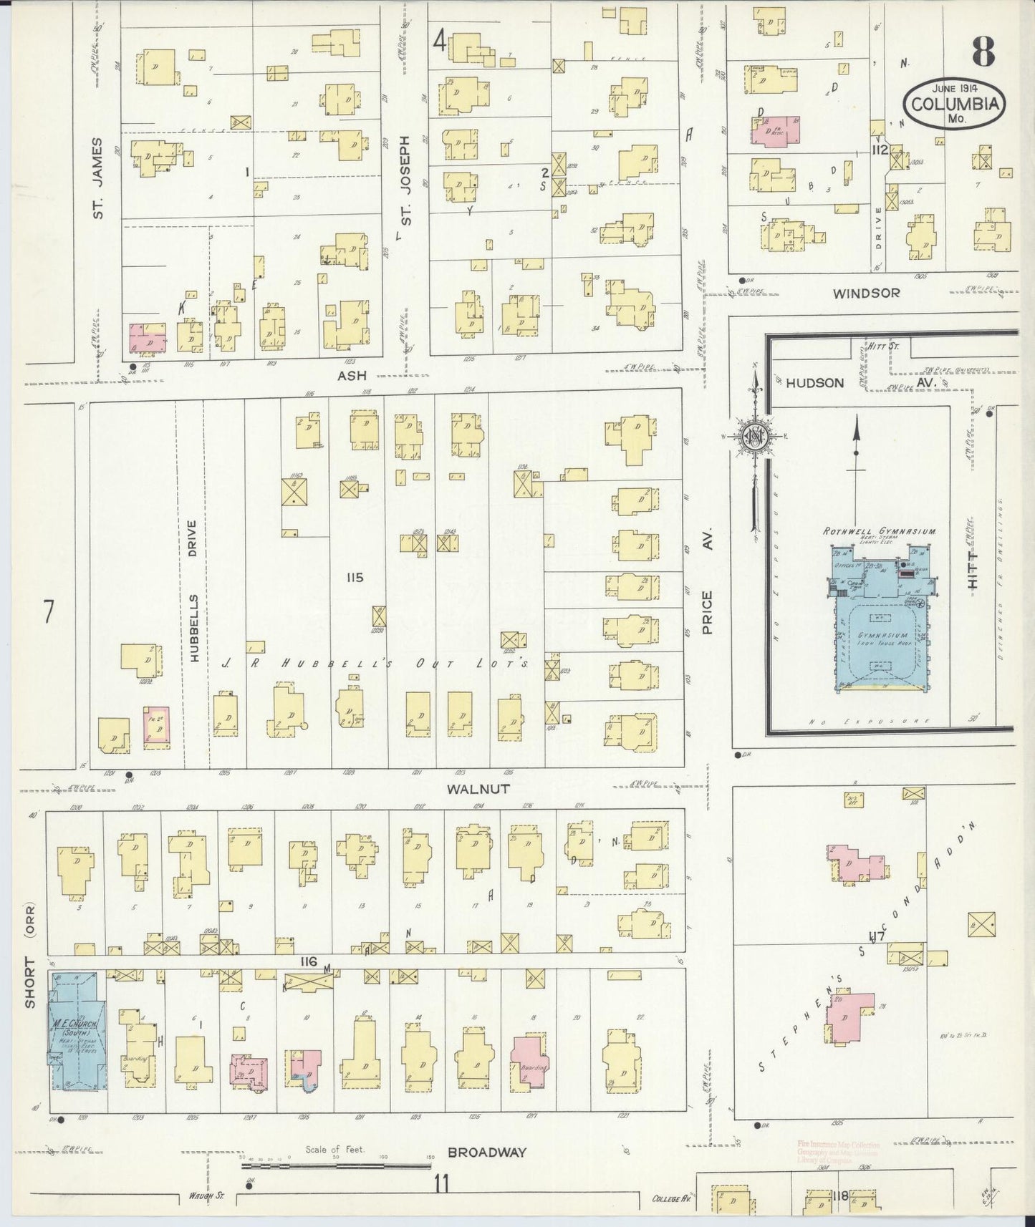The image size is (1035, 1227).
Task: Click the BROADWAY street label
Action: (486, 1153)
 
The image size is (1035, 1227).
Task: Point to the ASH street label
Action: (351, 374)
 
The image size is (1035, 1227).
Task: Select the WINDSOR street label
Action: (866, 293)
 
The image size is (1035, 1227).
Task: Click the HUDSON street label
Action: (814, 383)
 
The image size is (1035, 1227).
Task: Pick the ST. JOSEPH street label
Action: (405, 180)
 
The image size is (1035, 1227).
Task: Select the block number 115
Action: (354, 578)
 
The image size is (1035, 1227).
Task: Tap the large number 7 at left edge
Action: (49, 612)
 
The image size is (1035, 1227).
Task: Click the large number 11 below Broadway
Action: (441, 1183)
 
